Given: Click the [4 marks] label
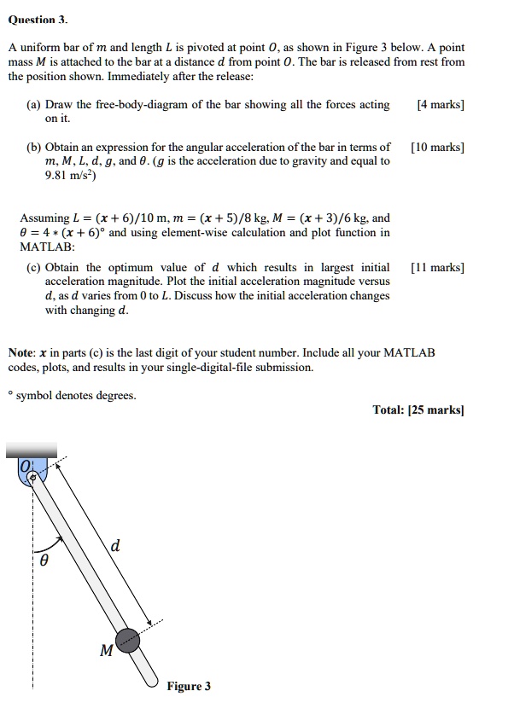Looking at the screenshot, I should tap(440, 105).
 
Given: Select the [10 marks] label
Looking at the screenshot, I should tap(437, 147).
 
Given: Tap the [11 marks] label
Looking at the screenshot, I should tap(437, 267).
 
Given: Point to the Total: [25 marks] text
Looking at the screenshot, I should tap(418, 409).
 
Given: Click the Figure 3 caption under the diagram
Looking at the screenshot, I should tap(189, 686).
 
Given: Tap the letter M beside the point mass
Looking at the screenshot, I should tap(106, 652).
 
